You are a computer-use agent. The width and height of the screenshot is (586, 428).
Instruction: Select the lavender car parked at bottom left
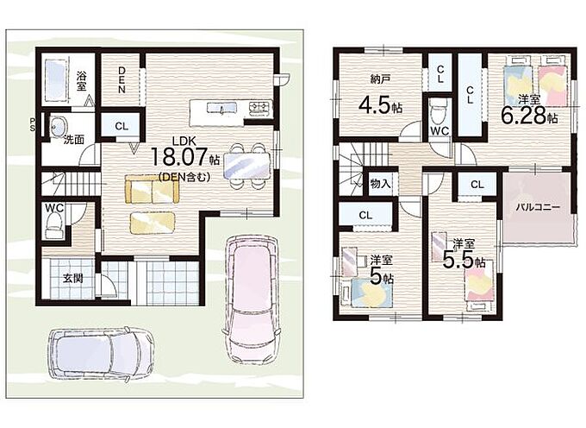click(101, 354)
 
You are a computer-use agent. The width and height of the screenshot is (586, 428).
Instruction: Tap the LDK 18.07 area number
click(178, 156)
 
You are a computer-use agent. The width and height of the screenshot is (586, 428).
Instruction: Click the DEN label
click(122, 79)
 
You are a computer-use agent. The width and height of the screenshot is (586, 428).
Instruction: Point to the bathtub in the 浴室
click(56, 80)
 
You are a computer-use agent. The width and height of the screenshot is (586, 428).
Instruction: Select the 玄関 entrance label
click(72, 279)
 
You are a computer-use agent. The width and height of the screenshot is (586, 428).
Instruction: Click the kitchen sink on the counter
click(222, 108)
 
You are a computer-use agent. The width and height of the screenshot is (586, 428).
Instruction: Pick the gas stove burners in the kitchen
click(260, 108)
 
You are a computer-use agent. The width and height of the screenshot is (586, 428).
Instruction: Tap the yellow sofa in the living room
click(153, 189)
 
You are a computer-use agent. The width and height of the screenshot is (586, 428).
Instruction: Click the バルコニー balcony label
click(538, 207)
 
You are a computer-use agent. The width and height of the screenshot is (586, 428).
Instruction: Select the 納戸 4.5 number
click(375, 105)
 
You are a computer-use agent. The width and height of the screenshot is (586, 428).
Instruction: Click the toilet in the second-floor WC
click(437, 110)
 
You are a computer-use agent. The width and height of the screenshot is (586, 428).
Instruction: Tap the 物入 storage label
click(380, 184)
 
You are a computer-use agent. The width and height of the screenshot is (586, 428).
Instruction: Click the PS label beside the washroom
click(32, 124)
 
